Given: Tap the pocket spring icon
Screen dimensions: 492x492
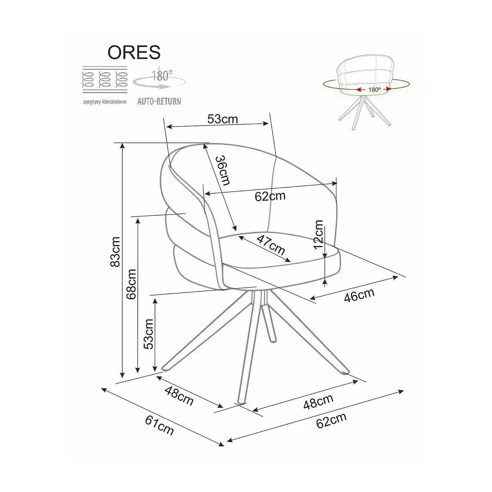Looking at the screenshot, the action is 105,80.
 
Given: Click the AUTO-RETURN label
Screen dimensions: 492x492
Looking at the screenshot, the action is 159,101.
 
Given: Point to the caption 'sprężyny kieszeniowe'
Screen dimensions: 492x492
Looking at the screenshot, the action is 105,102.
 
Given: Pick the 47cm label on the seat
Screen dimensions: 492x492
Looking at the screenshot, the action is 271,245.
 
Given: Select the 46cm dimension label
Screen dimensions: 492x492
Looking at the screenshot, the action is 359,295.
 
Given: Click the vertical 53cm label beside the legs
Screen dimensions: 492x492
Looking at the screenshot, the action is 148,334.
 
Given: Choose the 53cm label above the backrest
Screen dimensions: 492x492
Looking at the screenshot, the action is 222,119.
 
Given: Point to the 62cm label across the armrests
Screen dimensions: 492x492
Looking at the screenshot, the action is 270,196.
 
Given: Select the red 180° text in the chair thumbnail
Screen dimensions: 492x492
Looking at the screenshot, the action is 375,90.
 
